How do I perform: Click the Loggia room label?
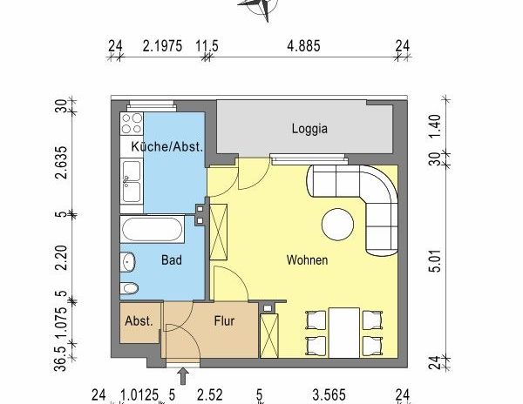309,129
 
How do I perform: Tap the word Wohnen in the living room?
307,259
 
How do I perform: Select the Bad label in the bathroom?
171,259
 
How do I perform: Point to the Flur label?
226,320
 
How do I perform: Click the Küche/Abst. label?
166,147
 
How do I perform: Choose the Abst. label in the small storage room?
139,320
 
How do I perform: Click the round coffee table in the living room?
338,225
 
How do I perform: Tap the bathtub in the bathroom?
153,232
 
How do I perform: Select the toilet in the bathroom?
130,289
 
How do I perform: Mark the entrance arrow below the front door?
184,376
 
